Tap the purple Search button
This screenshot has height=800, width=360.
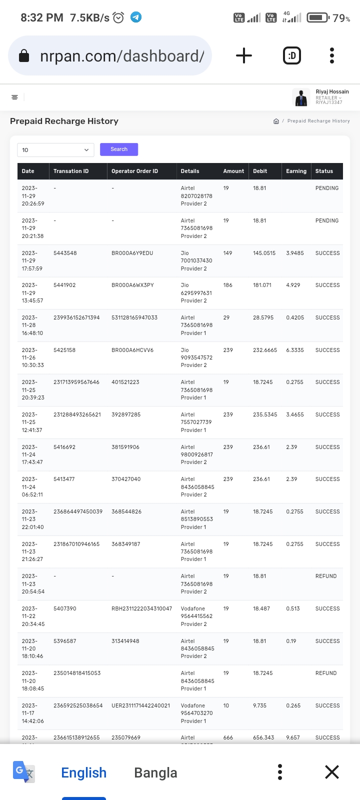tap(118, 149)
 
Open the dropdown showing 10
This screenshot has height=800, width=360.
tap(55, 150)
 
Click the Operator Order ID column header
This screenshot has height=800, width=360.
tap(134, 171)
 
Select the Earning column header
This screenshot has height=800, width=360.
tap(296, 171)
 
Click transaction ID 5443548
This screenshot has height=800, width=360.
tap(65, 253)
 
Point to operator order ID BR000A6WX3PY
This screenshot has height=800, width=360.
tap(132, 285)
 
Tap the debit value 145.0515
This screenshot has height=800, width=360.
tap(264, 253)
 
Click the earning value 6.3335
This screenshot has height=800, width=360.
tap(294, 350)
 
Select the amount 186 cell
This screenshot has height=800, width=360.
tap(228, 285)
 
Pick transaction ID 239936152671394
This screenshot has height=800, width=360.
tap(76, 317)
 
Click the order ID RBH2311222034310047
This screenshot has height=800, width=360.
tap(141, 608)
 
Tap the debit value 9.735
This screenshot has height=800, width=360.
tap(260, 705)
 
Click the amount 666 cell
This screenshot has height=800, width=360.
tap(228, 737)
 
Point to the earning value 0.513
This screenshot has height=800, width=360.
tap(293, 608)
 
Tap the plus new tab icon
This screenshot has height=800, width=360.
tap(243, 55)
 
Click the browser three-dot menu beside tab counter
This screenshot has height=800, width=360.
tap(331, 55)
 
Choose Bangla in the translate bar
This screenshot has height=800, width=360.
tap(155, 772)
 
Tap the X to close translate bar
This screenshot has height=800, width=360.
tap(331, 772)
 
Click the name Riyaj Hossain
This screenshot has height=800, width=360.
tap(332, 91)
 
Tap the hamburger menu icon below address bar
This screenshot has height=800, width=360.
tap(15, 97)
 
